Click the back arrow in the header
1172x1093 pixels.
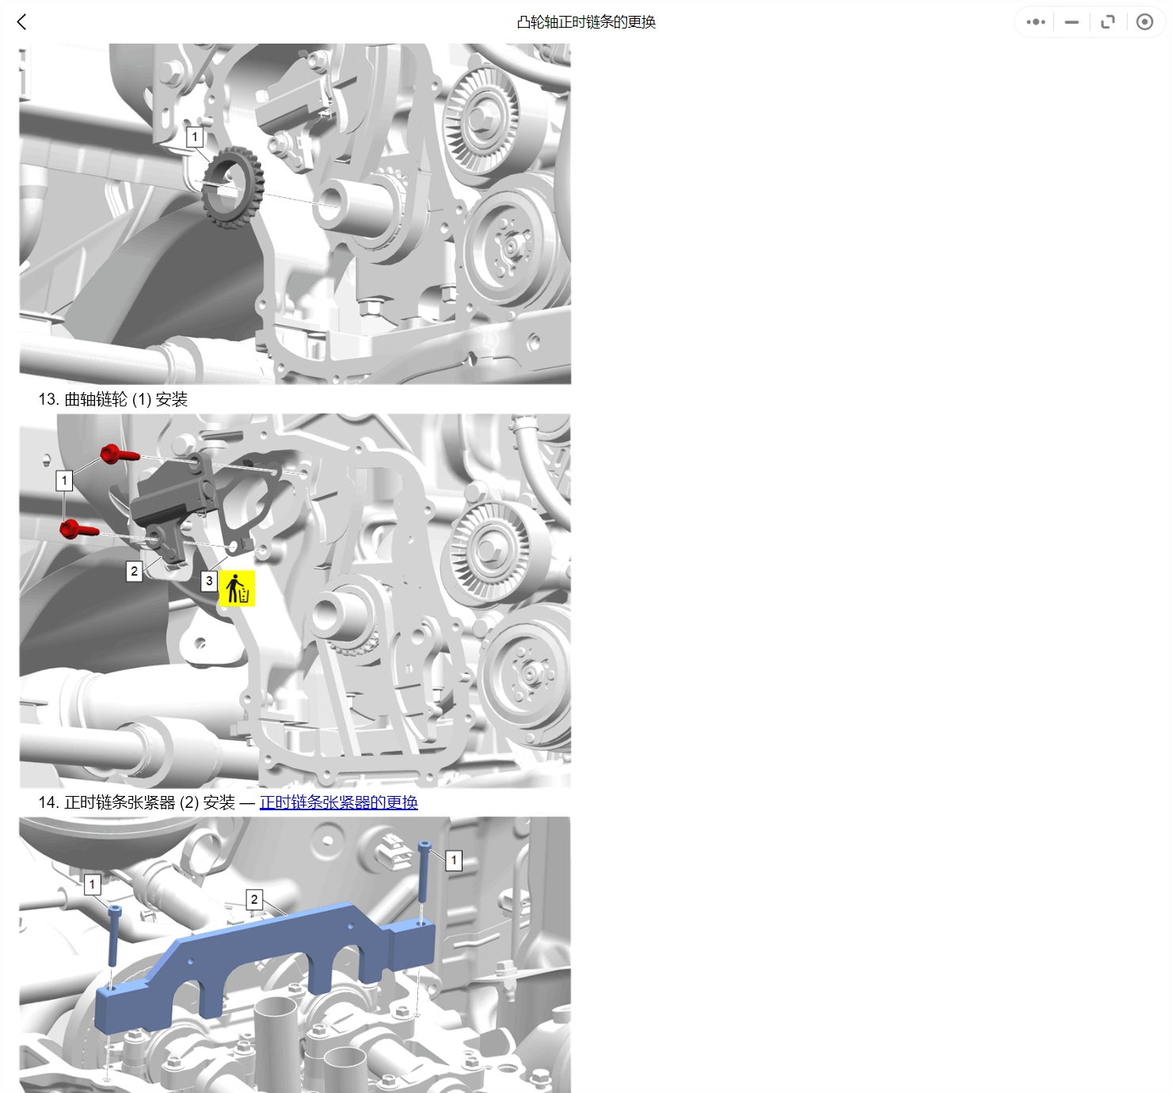(22, 22)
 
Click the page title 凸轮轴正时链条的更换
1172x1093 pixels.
(586, 22)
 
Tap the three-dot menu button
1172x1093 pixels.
(1035, 22)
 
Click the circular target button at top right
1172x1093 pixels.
(1144, 22)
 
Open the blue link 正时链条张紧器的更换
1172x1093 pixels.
(339, 802)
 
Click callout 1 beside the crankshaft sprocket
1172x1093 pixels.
(195, 137)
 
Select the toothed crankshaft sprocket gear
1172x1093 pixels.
(233, 188)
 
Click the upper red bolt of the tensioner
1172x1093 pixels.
(120, 454)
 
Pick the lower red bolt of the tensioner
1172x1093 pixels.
(79, 528)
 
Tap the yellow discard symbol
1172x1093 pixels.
(238, 588)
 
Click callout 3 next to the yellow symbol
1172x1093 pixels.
(209, 581)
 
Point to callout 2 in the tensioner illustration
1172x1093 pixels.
(134, 571)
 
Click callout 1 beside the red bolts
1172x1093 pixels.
(64, 480)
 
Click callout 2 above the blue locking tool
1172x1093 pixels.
(253, 899)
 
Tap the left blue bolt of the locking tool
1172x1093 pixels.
(114, 936)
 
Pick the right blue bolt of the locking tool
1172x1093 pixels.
(424, 871)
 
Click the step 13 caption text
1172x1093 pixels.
(112, 399)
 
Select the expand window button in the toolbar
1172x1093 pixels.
(1108, 22)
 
